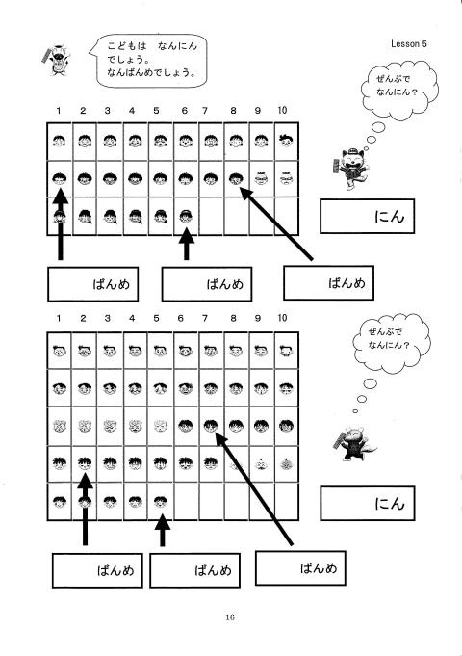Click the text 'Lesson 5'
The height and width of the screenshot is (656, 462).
(408, 43)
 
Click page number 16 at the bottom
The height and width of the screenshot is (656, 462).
(229, 617)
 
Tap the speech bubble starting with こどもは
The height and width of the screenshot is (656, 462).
(148, 61)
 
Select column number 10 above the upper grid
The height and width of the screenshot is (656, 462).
(282, 110)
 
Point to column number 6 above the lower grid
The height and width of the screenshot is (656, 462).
(181, 319)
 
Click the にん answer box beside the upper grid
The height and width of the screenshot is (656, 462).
(367, 217)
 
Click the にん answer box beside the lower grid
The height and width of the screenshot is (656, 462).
(367, 503)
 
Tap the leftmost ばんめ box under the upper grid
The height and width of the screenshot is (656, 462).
(92, 284)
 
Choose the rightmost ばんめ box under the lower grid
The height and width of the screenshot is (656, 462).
(300, 567)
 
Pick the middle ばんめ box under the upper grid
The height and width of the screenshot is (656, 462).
(207, 284)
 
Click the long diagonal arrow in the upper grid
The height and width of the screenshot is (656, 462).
(276, 223)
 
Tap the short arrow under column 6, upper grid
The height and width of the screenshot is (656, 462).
(187, 244)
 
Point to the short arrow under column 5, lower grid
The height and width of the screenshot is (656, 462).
(163, 531)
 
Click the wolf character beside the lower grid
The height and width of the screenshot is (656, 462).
(353, 443)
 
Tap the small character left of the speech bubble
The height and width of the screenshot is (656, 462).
(57, 60)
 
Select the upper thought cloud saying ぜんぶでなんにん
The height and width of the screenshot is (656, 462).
(399, 90)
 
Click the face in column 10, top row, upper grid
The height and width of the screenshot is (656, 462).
(287, 141)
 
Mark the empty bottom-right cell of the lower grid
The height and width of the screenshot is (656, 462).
(287, 502)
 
